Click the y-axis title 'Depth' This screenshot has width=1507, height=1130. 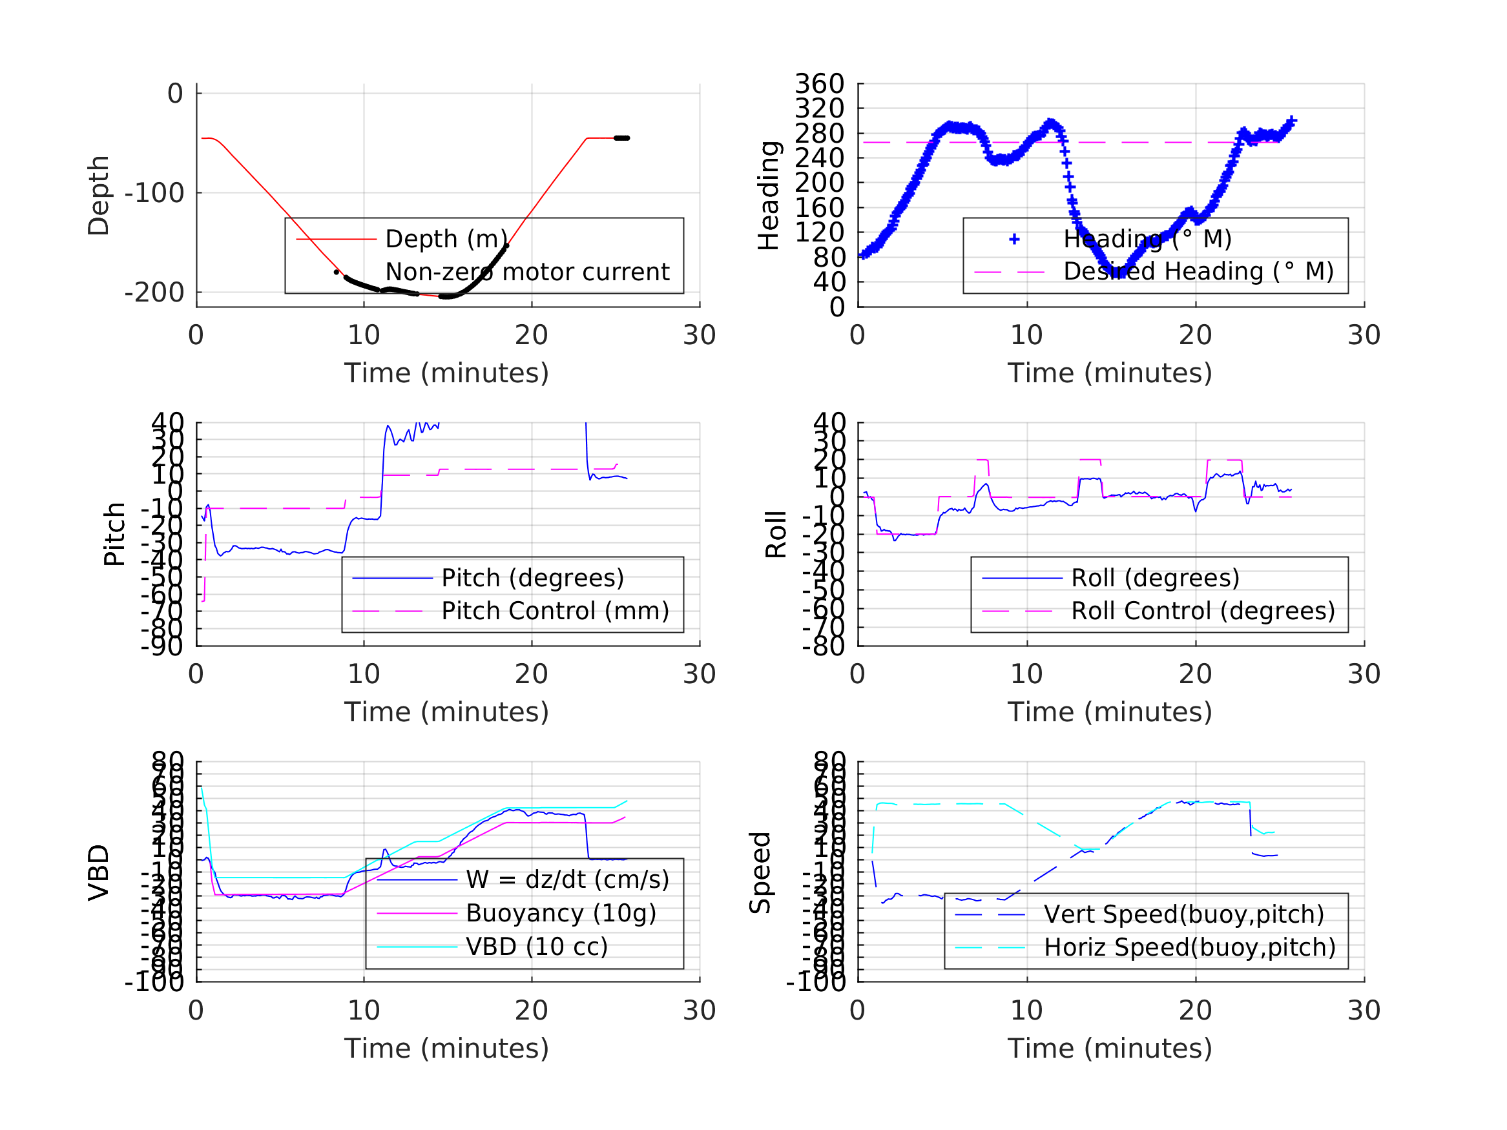(x=99, y=196)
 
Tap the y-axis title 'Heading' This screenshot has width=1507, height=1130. (x=769, y=196)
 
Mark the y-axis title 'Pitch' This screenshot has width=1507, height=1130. (x=114, y=534)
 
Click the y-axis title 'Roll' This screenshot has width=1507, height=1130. (x=776, y=534)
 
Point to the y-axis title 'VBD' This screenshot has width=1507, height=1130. (x=99, y=872)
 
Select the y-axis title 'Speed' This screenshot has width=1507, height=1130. (x=760, y=872)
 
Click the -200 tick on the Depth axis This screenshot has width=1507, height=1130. (x=154, y=293)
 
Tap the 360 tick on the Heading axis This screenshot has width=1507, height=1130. (x=820, y=84)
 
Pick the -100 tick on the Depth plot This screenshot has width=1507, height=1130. (x=154, y=194)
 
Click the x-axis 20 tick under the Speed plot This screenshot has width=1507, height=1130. (x=1195, y=1010)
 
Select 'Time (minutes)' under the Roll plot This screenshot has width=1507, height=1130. (x=1110, y=712)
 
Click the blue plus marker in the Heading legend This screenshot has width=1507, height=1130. (x=1014, y=239)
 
